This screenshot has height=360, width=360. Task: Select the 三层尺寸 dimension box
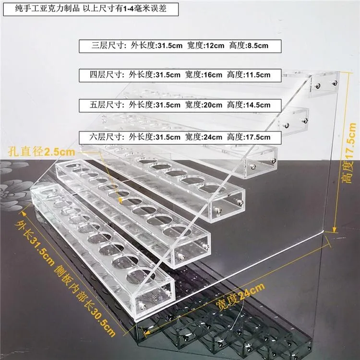pos(180,46)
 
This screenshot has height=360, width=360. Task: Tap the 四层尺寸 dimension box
pos(180,75)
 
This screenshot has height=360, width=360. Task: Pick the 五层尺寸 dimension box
pos(180,105)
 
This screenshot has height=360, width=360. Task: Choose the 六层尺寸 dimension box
pos(180,137)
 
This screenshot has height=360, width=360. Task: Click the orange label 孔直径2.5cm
pos(41,152)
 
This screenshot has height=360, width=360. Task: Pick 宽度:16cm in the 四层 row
pos(204,75)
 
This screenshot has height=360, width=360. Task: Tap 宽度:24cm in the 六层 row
pos(204,137)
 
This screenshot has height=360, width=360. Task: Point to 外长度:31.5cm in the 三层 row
pos(155,46)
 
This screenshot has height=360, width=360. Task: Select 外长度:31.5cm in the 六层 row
pos(155,137)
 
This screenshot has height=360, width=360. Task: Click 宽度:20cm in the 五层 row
pos(204,105)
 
